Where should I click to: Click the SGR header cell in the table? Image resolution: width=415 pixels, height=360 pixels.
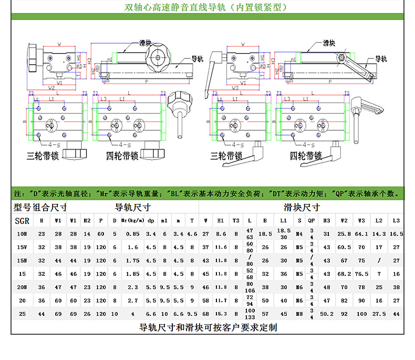(22, 221)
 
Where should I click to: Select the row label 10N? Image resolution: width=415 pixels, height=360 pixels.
(22, 233)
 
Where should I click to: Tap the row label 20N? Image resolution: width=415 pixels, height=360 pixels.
(22, 287)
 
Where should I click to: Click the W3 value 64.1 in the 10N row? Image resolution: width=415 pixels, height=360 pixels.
(361, 233)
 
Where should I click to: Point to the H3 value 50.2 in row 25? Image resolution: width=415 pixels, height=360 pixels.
(327, 314)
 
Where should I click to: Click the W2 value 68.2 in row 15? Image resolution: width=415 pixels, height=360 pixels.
(344, 274)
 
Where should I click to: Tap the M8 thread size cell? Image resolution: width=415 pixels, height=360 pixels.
(299, 314)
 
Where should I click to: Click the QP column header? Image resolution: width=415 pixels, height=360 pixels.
(311, 221)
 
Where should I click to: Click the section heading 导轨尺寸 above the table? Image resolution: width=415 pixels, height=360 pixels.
(133, 207)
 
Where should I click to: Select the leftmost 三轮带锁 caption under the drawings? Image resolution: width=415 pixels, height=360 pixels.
(46, 156)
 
